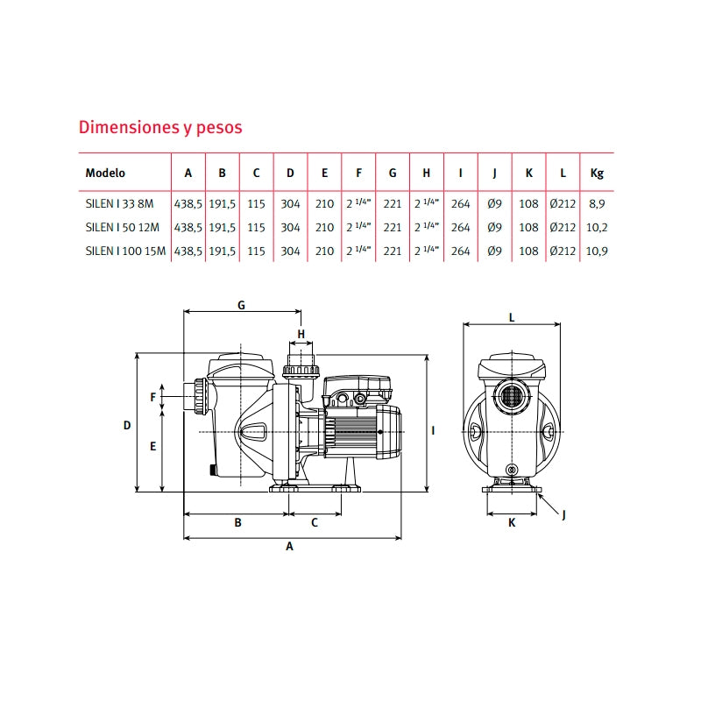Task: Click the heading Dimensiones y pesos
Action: click(160, 128)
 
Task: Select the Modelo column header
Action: click(105, 173)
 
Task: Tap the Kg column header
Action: click(597, 173)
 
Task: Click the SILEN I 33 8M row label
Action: click(119, 204)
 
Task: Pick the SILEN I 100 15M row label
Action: click(125, 251)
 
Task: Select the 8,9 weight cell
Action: click(597, 204)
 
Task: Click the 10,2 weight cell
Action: click(597, 228)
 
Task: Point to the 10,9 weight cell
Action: click(597, 251)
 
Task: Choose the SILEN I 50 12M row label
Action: click(123, 228)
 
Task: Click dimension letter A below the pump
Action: click(290, 546)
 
